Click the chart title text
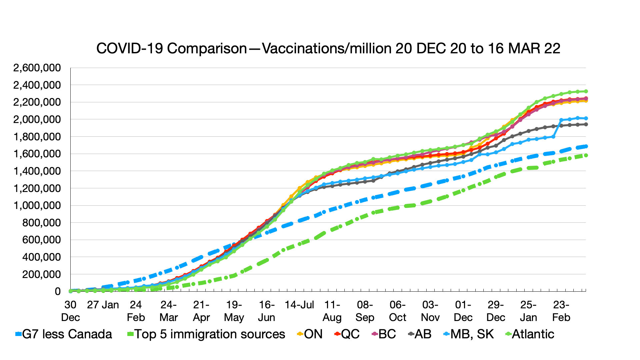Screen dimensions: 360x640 point(328,49)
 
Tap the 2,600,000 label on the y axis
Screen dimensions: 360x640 point(37,68)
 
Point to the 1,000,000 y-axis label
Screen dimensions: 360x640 point(37,205)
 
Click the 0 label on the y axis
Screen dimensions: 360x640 point(58,292)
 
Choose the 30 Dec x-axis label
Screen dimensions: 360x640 point(70,311)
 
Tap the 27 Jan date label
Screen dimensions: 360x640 point(103,305)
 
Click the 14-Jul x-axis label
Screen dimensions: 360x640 point(299,305)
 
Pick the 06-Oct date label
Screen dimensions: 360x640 point(397,311)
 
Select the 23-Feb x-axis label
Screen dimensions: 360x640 point(561,311)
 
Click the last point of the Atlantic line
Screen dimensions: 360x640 point(586,91)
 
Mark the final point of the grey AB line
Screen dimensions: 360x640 point(586,124)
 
